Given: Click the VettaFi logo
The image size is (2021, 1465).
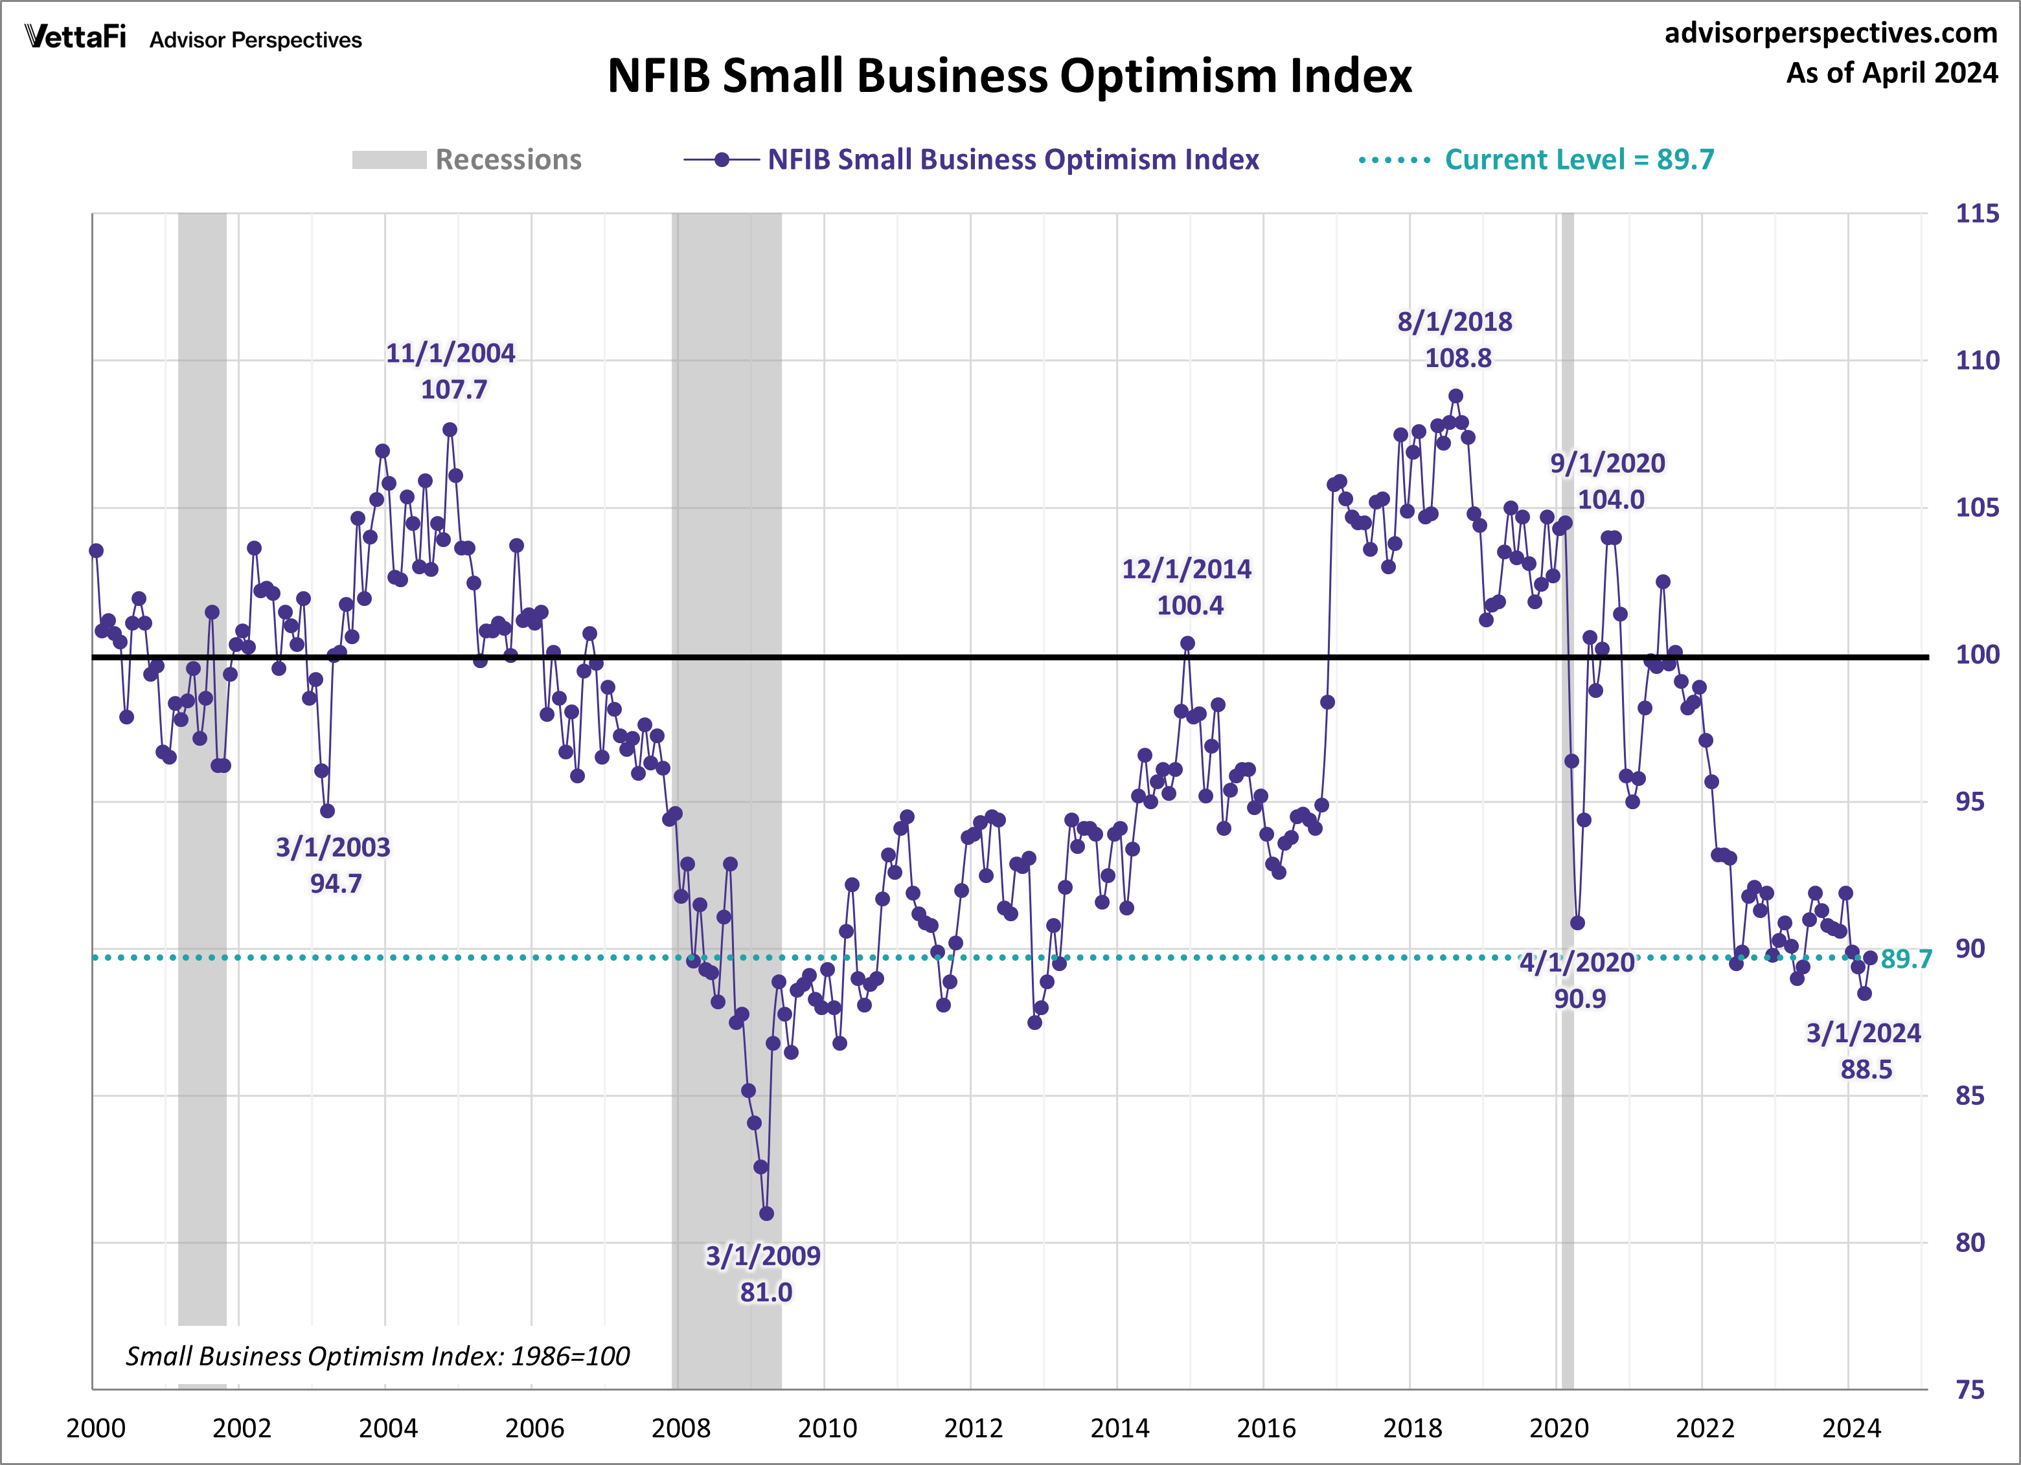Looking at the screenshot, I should (x=76, y=38).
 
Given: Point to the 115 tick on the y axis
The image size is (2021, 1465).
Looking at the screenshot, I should (x=1976, y=214).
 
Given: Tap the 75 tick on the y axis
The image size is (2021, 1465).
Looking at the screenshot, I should (x=1969, y=1389).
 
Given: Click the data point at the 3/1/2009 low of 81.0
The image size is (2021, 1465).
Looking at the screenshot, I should (x=766, y=1213).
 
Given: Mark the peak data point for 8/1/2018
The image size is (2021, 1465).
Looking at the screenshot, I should (x=1455, y=396).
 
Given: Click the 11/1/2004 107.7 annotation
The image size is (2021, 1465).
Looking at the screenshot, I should (x=451, y=370).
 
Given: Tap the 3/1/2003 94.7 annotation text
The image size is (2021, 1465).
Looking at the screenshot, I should (x=333, y=865).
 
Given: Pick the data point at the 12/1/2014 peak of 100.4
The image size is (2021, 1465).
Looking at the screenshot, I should (x=1187, y=643).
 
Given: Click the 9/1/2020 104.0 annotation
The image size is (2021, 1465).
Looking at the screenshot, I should (x=1608, y=481).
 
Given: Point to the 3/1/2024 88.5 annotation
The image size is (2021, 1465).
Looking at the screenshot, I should (x=1864, y=1051).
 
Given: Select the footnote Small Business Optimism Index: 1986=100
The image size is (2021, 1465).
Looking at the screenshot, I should (x=377, y=1356).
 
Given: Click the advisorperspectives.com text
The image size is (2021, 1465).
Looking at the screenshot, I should (x=1831, y=33).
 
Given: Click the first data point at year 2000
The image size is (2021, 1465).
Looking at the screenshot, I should (x=97, y=550).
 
